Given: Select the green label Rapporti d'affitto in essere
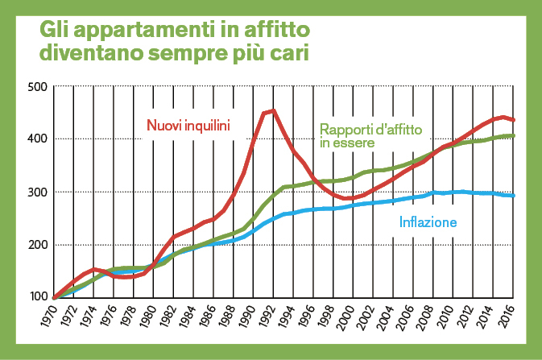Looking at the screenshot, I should [376, 135].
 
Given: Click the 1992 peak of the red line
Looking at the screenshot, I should [274, 111].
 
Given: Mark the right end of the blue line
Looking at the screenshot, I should [515, 196].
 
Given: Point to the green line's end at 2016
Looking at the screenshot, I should [515, 135].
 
